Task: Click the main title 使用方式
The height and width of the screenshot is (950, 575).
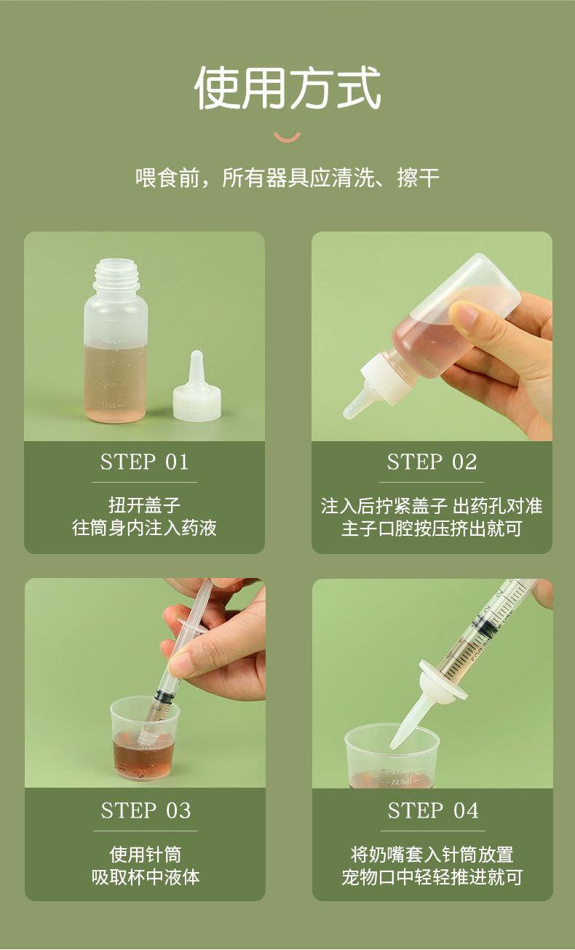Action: [287, 88]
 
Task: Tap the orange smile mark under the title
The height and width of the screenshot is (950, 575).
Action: [287, 138]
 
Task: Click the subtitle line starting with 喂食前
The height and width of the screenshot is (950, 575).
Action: [287, 178]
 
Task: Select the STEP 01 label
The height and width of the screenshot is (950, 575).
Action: [144, 462]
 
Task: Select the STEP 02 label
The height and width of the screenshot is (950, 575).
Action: [432, 462]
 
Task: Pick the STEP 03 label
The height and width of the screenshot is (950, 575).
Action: [146, 810]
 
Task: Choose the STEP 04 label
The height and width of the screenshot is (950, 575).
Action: [433, 810]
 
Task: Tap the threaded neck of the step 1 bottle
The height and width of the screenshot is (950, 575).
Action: [116, 275]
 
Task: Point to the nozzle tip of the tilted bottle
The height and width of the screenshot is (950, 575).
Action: [349, 413]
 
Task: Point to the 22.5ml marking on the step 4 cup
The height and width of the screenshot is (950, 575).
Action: [400, 781]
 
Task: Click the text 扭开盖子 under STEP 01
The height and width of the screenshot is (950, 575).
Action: [144, 505]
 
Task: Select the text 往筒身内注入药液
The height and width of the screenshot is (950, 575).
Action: [144, 528]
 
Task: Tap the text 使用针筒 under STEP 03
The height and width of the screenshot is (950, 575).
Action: [146, 854]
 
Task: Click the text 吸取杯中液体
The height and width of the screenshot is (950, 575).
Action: [146, 877]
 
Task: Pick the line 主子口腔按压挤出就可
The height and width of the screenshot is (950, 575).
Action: [432, 529]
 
